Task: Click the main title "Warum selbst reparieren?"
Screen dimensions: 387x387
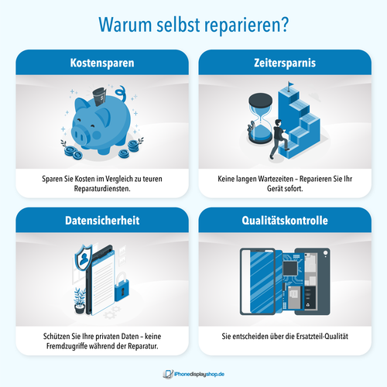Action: click(x=193, y=25)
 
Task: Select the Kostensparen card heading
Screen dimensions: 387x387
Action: click(x=102, y=63)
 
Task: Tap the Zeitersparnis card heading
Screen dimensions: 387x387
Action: click(x=285, y=63)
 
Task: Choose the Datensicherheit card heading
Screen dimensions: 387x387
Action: click(x=102, y=221)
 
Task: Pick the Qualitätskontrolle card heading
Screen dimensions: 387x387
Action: click(x=285, y=221)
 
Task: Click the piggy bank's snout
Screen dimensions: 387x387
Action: click(x=79, y=135)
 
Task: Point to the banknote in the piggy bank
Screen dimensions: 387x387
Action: click(x=100, y=97)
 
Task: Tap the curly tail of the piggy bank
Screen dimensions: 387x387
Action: click(x=121, y=94)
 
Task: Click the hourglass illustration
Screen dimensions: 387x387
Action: click(x=260, y=118)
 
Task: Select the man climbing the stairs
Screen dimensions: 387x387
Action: click(x=278, y=139)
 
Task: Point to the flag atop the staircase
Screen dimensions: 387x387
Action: click(x=290, y=86)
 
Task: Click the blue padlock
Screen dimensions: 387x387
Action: click(x=122, y=287)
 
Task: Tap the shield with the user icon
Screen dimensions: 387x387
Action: click(x=84, y=258)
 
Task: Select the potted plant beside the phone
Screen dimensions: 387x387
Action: click(x=80, y=301)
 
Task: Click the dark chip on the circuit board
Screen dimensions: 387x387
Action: click(x=290, y=269)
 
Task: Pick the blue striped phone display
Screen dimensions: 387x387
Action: click(x=262, y=282)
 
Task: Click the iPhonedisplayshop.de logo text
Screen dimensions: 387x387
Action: click(x=199, y=374)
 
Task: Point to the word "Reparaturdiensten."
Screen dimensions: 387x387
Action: click(x=102, y=189)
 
